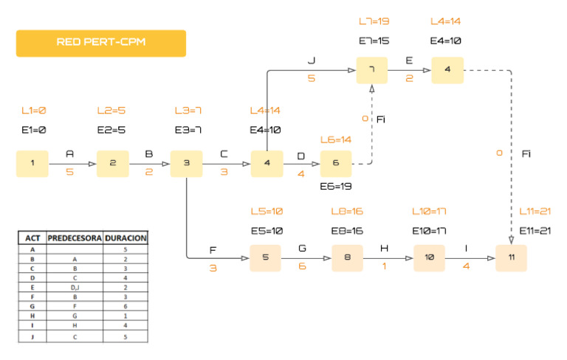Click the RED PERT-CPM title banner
click(x=101, y=43)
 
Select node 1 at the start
click(x=32, y=163)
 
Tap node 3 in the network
click(x=186, y=163)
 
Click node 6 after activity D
click(x=336, y=163)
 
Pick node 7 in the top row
click(x=372, y=70)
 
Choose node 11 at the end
click(x=511, y=258)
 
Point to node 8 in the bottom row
click(x=347, y=258)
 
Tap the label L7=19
click(x=374, y=21)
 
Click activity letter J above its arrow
click(x=312, y=59)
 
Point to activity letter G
click(x=302, y=248)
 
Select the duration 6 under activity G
click(x=302, y=268)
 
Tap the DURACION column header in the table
click(x=126, y=238)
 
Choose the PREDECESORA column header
click(x=75, y=238)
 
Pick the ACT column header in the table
click(x=32, y=238)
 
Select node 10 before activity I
click(x=428, y=258)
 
